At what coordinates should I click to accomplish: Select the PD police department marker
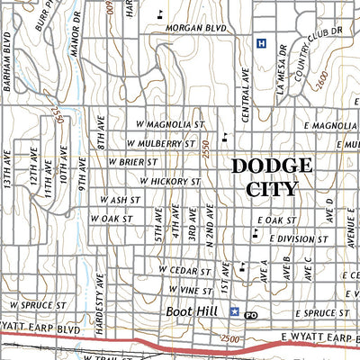click(x=251, y=314)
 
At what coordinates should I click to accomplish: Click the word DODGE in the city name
click(x=272, y=166)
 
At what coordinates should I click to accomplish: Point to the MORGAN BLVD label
click(x=193, y=27)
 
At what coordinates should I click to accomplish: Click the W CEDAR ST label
click(x=184, y=269)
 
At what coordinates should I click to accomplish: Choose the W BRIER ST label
click(x=133, y=162)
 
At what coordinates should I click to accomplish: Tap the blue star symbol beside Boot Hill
click(x=235, y=311)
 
